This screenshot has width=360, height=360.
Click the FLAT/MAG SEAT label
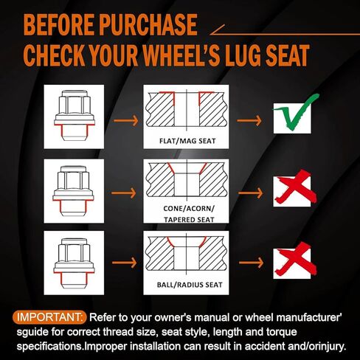(187, 141)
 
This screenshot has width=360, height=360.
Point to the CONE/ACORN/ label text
(189, 209)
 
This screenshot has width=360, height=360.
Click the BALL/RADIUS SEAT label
(190, 285)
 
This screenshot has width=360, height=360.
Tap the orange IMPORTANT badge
(49, 317)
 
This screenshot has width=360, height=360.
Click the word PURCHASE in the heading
(148, 24)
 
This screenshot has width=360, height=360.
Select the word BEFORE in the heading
(59, 24)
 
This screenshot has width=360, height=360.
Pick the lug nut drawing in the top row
(75, 116)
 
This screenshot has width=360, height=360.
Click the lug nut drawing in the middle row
(73, 190)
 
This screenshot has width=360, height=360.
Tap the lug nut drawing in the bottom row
(74, 263)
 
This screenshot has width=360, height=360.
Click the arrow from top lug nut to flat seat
(125, 121)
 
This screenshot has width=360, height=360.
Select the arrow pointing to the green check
(249, 121)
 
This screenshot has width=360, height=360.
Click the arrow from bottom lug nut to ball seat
(124, 263)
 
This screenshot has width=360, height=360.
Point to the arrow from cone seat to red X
(250, 193)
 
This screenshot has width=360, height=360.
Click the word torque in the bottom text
(282, 332)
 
